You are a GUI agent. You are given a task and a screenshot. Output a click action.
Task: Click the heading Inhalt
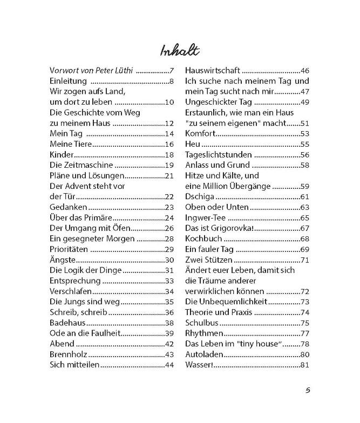pos(180,50)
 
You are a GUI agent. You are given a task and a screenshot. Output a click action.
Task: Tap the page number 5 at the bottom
pos(308,391)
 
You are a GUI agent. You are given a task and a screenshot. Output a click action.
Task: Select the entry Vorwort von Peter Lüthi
pos(91,71)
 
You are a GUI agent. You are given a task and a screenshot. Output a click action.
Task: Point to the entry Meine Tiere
pos(71,144)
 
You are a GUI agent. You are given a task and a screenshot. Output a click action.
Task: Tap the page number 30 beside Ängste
pos(168,260)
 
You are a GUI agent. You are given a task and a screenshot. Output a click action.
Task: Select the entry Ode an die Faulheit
pos(84,333)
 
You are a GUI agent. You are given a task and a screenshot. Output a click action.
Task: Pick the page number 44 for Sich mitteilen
pos(168,365)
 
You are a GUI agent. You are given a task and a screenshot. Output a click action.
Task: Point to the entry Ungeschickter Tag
pos(219,102)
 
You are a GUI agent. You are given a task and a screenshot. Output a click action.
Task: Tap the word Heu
pos(193,144)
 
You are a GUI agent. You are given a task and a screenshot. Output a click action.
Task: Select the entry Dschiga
pos(200,197)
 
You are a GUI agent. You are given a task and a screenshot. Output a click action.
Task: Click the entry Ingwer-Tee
pos(205,218)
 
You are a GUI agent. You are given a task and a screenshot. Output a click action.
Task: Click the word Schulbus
pos(201,323)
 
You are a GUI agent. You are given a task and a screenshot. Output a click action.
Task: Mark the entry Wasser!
pos(200,365)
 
